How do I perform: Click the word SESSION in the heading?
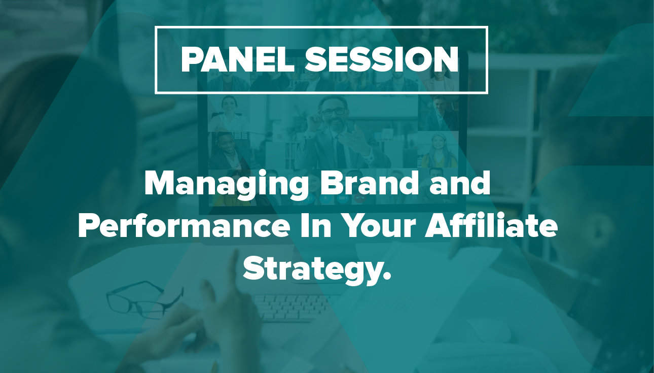point(382,59)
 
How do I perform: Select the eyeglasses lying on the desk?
point(145,299)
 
